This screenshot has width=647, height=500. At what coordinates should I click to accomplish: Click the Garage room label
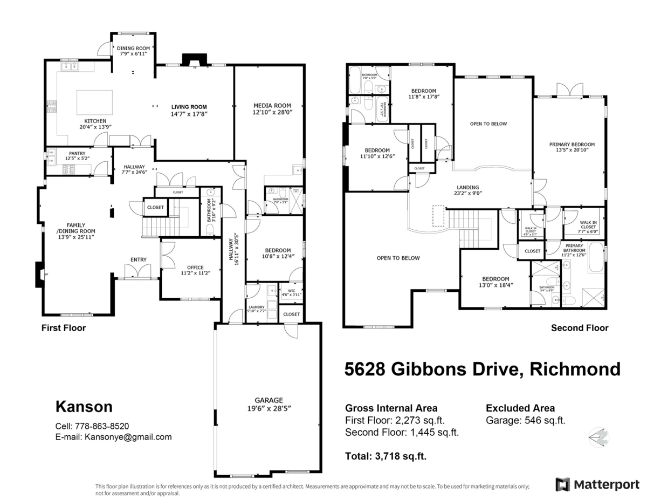pos(269,400)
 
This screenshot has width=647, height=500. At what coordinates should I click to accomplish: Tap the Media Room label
pos(272,106)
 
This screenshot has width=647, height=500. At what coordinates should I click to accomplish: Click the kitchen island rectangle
pos(95,101)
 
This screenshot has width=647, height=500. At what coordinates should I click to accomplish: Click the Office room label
pos(195,267)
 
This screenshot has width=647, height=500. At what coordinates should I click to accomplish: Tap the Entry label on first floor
pos(139,260)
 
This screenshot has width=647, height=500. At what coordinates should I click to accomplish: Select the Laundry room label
pos(257,307)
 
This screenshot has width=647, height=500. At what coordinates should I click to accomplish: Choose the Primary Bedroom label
pos(572,145)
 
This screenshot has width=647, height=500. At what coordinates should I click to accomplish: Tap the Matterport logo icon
pos(562,484)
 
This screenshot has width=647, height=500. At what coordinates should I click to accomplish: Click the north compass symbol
pos(598,437)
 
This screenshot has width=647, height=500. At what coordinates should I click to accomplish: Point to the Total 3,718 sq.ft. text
pos(386,456)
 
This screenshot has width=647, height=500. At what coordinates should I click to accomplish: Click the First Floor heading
pos(64,327)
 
